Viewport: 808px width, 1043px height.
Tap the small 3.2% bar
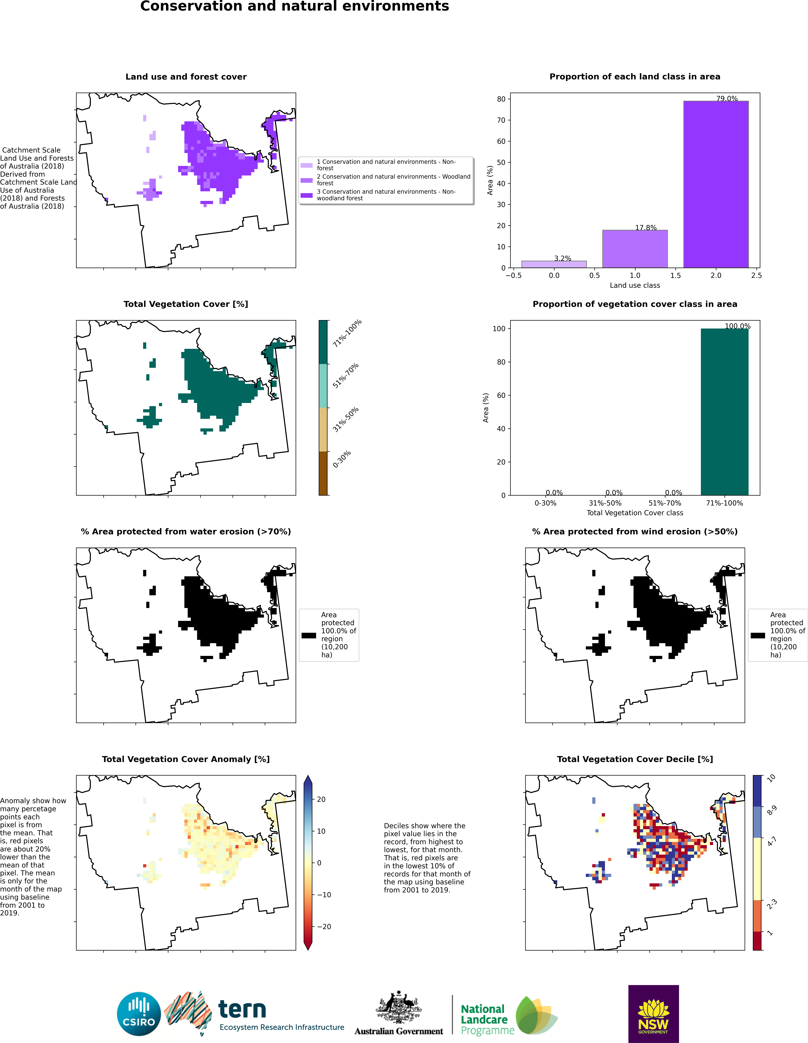(554, 264)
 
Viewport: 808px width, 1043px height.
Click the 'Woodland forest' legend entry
(394, 180)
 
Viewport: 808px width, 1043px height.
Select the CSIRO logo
(139, 1014)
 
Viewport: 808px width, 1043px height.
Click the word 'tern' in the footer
(242, 1009)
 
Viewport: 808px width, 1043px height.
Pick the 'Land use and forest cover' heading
(186, 77)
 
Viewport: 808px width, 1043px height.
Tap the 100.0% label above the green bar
(737, 326)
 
